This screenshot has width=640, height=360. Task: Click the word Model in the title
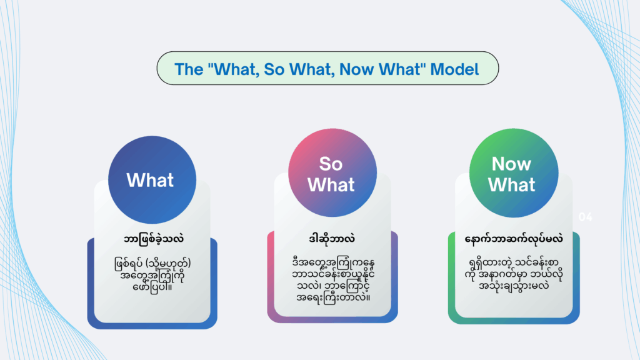pyautogui.click(x=454, y=69)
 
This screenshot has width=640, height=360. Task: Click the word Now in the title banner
pyautogui.click(x=357, y=69)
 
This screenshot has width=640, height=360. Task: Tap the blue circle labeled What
pyautogui.click(x=152, y=180)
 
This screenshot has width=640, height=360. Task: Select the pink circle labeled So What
pyautogui.click(x=332, y=172)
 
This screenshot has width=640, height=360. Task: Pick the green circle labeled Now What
pyautogui.click(x=514, y=172)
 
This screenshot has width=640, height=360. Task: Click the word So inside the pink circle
pyautogui.click(x=331, y=164)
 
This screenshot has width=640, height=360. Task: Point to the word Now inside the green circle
pyautogui.click(x=511, y=164)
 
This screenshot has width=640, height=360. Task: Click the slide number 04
pyautogui.click(x=585, y=217)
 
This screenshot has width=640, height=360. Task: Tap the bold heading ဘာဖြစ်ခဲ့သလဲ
pyautogui.click(x=154, y=239)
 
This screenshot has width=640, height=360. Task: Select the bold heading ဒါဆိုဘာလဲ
pyautogui.click(x=332, y=238)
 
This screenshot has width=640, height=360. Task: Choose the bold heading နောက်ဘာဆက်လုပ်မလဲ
pyautogui.click(x=514, y=239)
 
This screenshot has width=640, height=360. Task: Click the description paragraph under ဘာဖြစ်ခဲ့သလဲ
pyautogui.click(x=152, y=275)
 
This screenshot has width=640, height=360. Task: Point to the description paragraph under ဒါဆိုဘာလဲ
pyautogui.click(x=333, y=279)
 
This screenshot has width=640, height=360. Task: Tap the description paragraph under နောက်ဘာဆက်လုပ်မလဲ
pyautogui.click(x=514, y=274)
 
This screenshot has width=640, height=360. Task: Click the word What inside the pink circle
pyautogui.click(x=331, y=185)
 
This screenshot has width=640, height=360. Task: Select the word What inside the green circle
pyautogui.click(x=511, y=185)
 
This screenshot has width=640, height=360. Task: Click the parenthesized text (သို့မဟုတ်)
pyautogui.click(x=168, y=263)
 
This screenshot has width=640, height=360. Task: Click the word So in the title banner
pyautogui.click(x=274, y=69)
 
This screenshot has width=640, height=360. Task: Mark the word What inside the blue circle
pyautogui.click(x=150, y=180)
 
